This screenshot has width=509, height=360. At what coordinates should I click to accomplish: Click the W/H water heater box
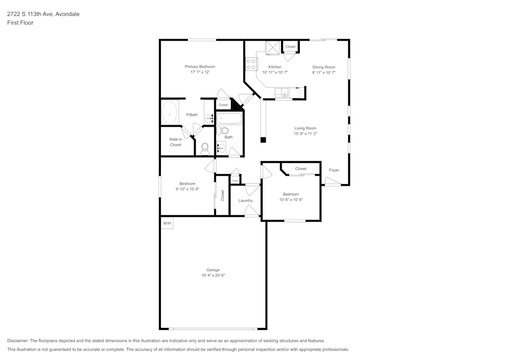click(167, 224)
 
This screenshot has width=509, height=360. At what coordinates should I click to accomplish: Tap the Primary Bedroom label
click(200, 67)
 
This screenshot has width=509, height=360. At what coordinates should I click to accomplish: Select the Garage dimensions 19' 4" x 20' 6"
click(213, 275)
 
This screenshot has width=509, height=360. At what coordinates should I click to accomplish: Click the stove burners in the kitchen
click(251, 64)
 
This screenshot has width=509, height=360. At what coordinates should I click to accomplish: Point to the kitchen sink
click(281, 93)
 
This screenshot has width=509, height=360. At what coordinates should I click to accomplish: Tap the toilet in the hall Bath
click(224, 130)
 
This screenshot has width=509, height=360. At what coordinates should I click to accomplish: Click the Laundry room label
click(245, 201)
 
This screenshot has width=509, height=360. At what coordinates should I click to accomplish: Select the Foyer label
click(334, 170)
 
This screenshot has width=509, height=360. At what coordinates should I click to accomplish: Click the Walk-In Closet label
click(176, 142)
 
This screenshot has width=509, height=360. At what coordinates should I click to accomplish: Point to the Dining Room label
click(324, 67)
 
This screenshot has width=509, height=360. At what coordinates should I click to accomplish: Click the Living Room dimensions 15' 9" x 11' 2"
click(305, 133)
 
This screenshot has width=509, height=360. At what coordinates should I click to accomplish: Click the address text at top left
click(43, 14)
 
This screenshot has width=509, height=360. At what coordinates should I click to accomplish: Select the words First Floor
click(20, 23)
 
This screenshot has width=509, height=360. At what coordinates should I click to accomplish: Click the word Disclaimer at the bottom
click(18, 341)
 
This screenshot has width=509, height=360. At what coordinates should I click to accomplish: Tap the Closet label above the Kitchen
click(290, 47)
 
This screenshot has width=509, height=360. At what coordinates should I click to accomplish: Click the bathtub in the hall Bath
click(230, 119)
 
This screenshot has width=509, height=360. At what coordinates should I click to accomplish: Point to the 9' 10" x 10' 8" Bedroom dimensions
click(187, 189)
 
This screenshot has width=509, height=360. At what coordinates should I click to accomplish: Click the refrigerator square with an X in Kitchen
click(272, 47)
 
